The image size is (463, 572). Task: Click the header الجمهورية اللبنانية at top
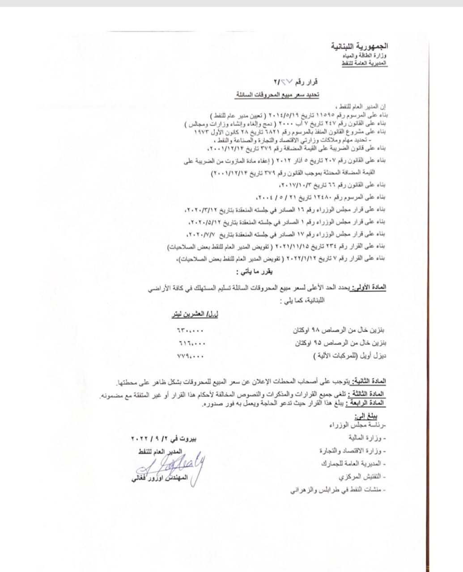click(359, 46)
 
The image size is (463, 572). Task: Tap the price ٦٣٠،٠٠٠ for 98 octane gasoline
click(188, 331)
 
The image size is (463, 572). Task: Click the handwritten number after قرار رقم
click(287, 82)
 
